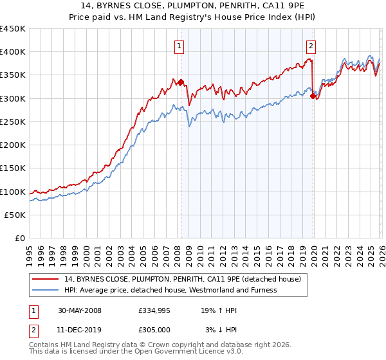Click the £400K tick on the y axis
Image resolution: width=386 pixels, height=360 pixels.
point(13,52)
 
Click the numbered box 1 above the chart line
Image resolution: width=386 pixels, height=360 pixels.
point(178,45)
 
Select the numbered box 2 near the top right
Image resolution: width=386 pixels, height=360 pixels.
point(311,45)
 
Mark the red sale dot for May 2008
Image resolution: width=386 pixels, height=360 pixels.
point(181,82)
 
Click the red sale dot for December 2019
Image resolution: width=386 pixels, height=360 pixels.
point(313,96)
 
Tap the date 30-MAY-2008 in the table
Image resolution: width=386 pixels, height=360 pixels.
point(79,310)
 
